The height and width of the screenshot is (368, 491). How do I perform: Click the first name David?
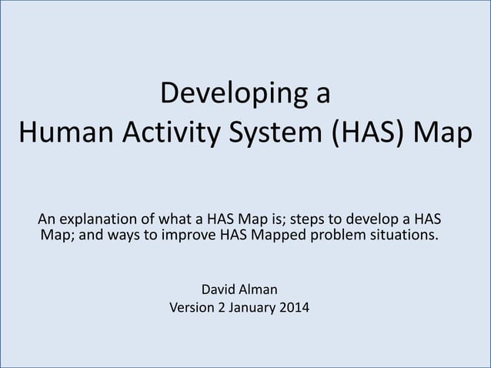click(219, 290)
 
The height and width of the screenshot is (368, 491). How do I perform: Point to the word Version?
click(193, 309)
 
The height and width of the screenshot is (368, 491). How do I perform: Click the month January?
click(259, 309)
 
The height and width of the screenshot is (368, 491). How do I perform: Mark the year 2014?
click(301, 309)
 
